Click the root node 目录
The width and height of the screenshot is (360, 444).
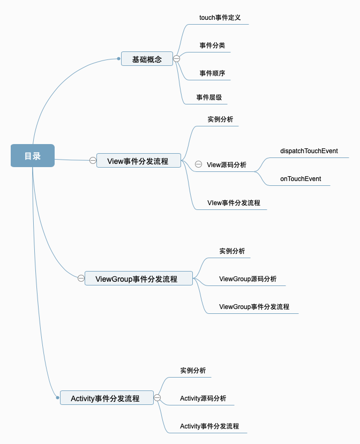[x=33, y=155]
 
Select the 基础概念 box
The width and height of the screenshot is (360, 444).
[x=147, y=58]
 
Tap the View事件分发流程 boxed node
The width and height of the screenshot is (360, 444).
[x=139, y=161]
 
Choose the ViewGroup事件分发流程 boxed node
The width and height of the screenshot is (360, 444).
[x=139, y=279]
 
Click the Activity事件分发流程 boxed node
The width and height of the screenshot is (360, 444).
[x=107, y=398]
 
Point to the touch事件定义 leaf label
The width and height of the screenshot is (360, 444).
[x=220, y=18]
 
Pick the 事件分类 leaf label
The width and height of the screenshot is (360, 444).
[x=212, y=46]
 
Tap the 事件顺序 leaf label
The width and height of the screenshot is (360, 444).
[x=212, y=73]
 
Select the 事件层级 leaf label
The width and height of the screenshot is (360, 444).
[x=209, y=97]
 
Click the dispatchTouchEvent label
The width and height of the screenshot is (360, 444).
[x=309, y=151]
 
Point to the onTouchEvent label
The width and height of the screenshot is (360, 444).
[x=301, y=179]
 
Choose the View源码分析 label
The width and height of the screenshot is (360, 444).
[x=227, y=164]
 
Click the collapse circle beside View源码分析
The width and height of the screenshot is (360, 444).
[x=199, y=164]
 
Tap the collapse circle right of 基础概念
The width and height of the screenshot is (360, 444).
[x=176, y=58]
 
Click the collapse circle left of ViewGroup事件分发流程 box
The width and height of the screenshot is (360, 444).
[x=81, y=278]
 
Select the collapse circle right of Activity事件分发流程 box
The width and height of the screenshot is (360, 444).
[x=157, y=398]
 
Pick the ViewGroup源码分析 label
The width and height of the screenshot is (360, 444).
[x=248, y=279]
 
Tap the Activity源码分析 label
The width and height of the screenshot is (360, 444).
[x=203, y=398]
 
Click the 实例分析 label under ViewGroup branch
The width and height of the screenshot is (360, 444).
[x=232, y=251]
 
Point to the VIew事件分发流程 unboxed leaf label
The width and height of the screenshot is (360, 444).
[x=234, y=203]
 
